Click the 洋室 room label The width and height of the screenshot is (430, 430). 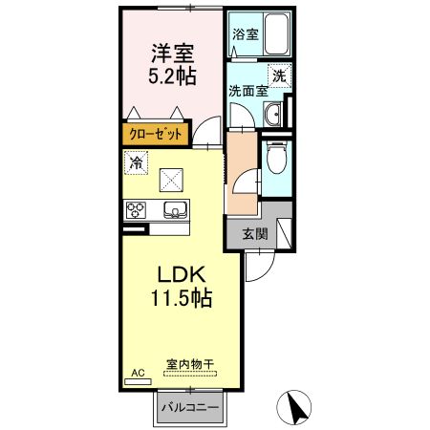170,54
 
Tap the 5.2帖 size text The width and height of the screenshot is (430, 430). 170,76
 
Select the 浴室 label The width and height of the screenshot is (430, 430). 245,34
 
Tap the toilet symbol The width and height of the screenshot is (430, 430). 277,156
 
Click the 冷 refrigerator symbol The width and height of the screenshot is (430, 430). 137,161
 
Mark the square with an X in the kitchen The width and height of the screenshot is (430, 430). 171,179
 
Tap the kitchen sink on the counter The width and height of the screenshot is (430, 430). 175,209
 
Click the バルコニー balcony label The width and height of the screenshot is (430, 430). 189,407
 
